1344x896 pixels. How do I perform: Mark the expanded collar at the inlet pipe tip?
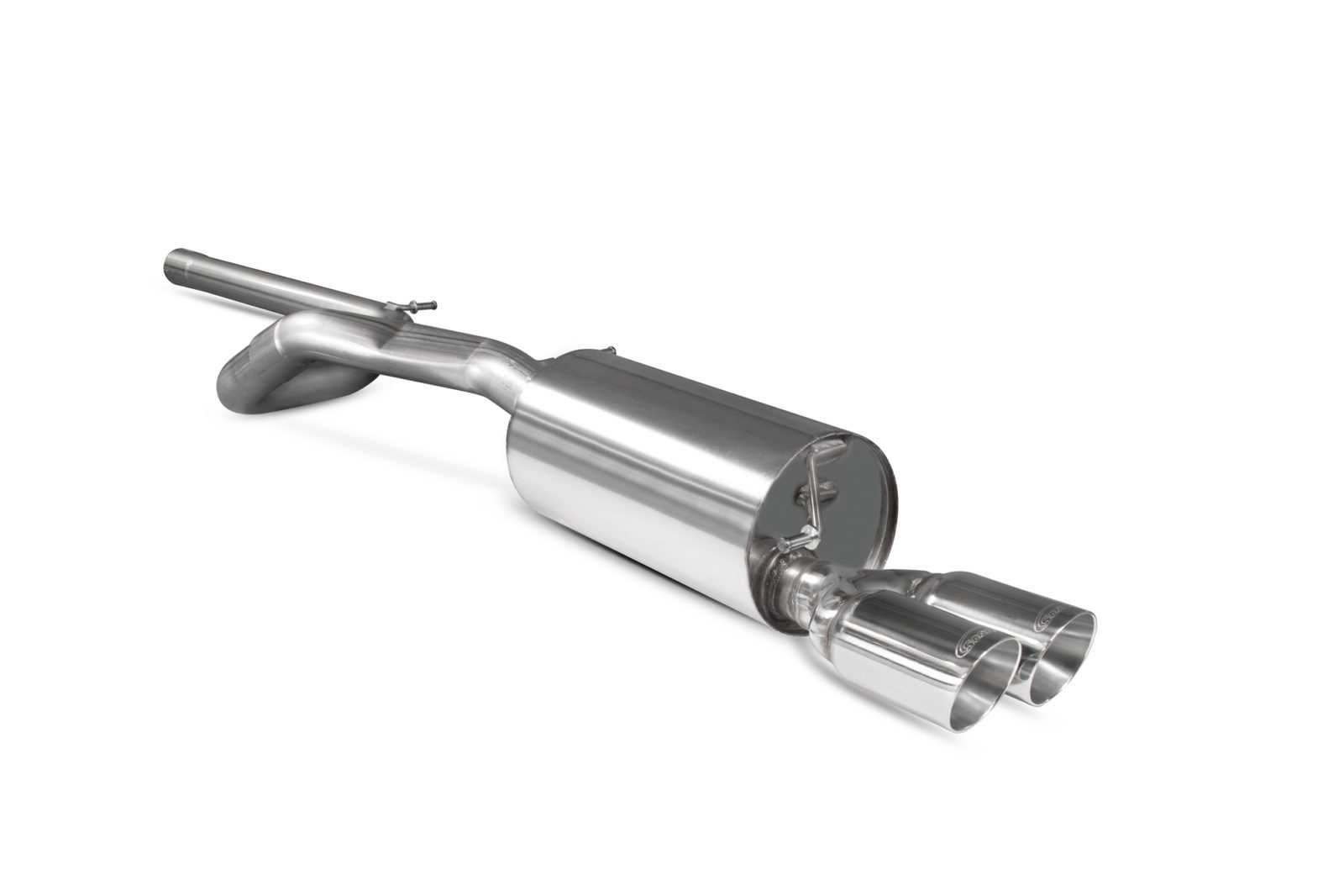pyautogui.click(x=181, y=264)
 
